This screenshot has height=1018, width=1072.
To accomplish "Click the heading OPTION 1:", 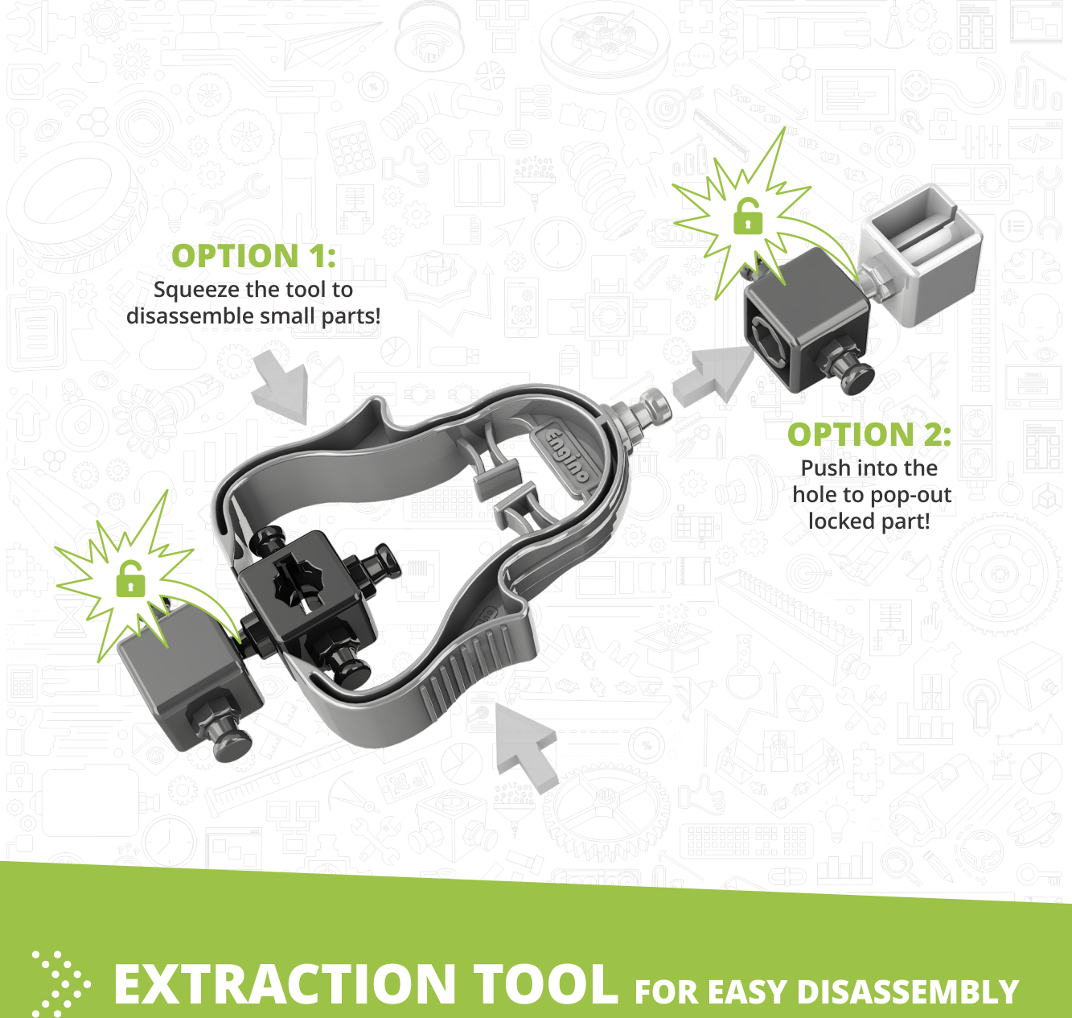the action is coord(253,255).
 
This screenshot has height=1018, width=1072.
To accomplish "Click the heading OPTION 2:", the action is coord(869,435).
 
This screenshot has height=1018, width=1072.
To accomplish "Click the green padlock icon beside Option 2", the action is coord(748,216).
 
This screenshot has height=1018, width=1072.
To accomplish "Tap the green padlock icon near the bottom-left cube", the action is coord(130,578).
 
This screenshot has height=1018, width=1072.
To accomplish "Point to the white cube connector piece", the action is coord(921,254).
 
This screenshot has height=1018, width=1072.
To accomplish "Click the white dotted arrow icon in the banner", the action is coord(60,983).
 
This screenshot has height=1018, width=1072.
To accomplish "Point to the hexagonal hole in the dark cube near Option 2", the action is coord(770,339).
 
